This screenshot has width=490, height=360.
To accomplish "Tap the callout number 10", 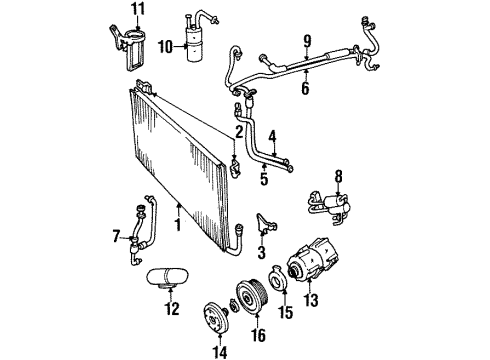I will (166, 45).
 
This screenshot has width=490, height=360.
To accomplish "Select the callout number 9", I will (308, 42).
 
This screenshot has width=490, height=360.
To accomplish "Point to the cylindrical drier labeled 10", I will (193, 40).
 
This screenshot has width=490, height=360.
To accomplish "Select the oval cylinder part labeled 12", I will (167, 277).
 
